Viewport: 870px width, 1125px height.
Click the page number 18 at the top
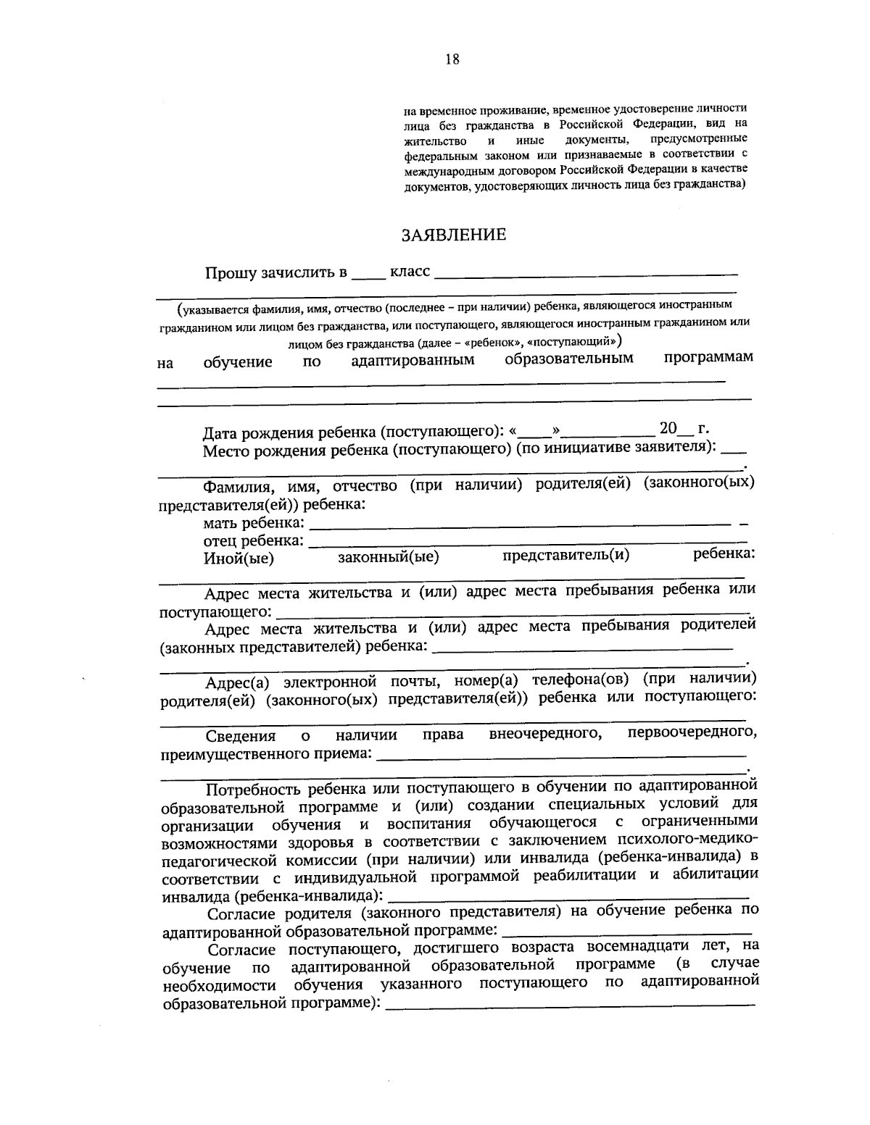[452, 59]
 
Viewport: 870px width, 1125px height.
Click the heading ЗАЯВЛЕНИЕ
[454, 235]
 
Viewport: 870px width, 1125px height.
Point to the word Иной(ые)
[239, 558]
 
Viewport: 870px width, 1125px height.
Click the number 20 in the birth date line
[668, 427]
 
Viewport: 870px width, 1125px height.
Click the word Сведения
[241, 736]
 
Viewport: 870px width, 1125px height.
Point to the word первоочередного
[692, 732]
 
